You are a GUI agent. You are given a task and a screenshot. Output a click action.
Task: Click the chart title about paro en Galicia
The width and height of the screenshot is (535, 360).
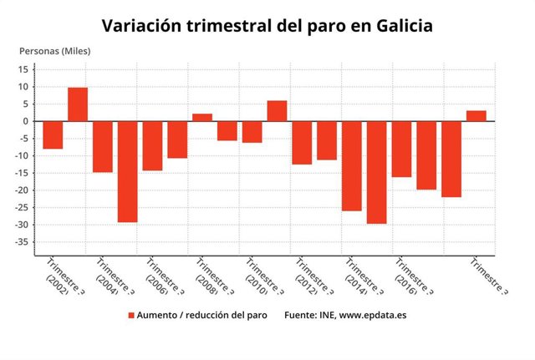pos(267,26)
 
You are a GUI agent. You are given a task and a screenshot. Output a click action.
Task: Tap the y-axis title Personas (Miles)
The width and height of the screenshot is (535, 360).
pos(54,52)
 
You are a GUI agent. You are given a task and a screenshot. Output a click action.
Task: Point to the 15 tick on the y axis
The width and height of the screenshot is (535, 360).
pos(25,69)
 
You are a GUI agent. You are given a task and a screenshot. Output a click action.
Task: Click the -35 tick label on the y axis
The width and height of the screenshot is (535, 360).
pos(22,242)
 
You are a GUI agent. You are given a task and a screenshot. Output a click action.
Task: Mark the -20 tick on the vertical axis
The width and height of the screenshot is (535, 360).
pos(22,190)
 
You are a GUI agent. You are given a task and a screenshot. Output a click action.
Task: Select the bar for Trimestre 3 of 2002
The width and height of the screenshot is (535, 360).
pos(53,135)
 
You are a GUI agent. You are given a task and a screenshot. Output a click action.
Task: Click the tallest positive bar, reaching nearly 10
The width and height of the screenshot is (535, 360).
pos(78,104)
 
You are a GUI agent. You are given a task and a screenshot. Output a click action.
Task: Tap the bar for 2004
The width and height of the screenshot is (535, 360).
pos(103,146)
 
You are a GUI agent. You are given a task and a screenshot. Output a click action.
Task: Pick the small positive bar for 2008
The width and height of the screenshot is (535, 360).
pos(202,118)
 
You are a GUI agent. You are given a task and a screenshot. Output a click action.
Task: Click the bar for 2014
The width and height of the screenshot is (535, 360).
pos(352,166)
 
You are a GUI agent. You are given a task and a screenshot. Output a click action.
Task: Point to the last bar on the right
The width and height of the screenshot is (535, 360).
pos(476,116)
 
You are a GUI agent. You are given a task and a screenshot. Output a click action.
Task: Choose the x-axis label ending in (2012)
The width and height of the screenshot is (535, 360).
pos(308,278)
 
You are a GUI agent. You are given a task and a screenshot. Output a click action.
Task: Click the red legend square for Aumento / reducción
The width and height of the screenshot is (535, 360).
pos(130,316)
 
